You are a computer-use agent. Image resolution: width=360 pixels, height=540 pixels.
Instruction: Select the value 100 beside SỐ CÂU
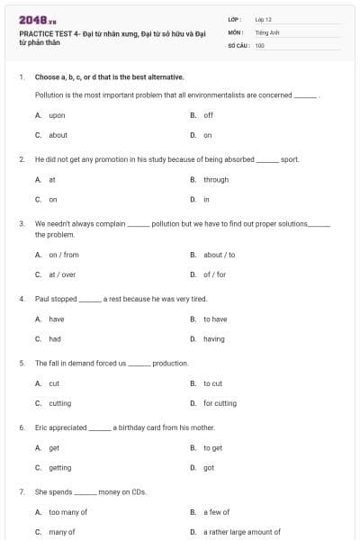coord(259,44)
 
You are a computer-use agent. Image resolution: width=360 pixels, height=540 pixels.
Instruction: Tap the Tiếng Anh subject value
coord(264,31)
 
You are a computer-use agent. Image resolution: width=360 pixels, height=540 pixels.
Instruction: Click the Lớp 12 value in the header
coord(263,19)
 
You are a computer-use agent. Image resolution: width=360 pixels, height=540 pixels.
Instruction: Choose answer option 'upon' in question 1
coord(57,115)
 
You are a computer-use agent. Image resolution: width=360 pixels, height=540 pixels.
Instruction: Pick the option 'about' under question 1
coord(58,135)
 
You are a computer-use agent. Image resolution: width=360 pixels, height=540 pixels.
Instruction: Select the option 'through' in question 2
coord(216,179)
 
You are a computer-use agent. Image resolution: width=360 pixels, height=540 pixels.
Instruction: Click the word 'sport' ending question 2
coord(290,159)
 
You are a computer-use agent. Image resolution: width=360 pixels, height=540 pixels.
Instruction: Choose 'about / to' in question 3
coord(219,255)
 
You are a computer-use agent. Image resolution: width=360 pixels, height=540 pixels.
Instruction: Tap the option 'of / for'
coord(214,274)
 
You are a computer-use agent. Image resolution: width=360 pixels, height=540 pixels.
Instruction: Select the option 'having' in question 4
coord(214,338)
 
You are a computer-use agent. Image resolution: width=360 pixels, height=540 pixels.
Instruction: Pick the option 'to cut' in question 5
coord(212,383)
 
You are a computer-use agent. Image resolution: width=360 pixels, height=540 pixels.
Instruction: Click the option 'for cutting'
coord(220,403)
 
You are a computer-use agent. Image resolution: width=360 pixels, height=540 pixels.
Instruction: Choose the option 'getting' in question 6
coord(59,467)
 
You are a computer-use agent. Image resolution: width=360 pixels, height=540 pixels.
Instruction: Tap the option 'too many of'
coord(67,512)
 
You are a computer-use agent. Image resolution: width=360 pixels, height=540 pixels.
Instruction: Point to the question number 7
coord(22,492)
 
